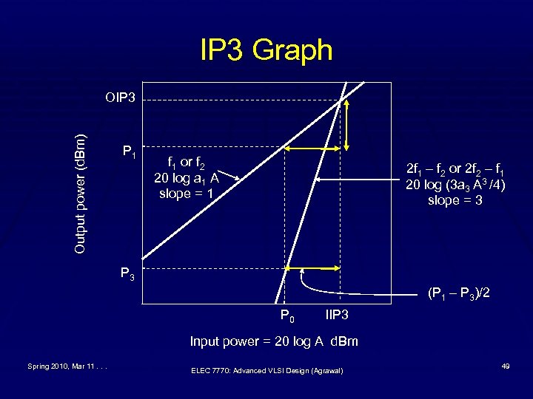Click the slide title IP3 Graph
(x=266, y=50)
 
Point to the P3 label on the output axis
(x=128, y=274)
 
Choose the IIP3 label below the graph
(x=337, y=316)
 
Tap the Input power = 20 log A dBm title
(x=274, y=341)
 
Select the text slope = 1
(x=187, y=194)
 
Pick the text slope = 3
(x=455, y=200)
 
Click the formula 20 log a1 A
(x=187, y=178)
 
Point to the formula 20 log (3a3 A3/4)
(x=455, y=184)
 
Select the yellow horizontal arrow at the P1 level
(x=312, y=149)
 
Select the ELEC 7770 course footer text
(x=266, y=370)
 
